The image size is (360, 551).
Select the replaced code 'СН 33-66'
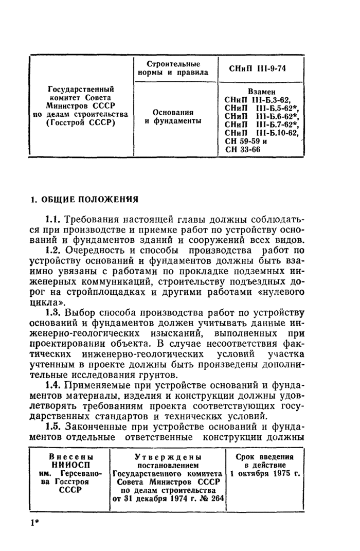point(244,150)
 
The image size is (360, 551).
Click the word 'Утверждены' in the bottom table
point(168,457)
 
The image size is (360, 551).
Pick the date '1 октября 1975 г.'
point(265,473)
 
